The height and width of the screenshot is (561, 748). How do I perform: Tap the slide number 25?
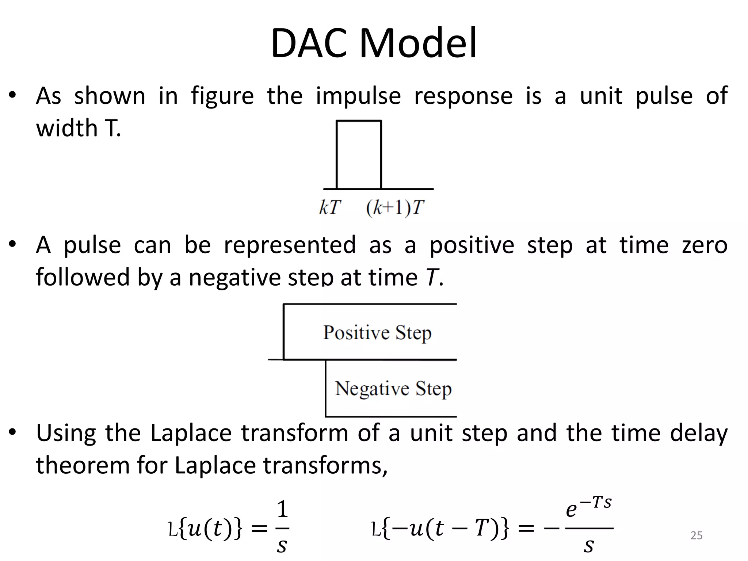tap(697, 535)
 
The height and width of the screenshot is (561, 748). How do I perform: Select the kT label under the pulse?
tap(330, 207)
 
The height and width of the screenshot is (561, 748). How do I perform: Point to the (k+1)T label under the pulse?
tap(395, 207)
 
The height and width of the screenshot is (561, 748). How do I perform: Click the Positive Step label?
tap(377, 332)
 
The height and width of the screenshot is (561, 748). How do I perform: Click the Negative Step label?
tap(393, 388)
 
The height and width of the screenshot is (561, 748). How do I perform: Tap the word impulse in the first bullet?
tap(358, 96)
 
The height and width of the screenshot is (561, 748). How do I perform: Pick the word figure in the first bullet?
tap(222, 96)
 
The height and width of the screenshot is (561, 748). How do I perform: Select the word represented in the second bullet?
tap(290, 245)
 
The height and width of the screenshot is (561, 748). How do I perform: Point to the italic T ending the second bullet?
tap(432, 277)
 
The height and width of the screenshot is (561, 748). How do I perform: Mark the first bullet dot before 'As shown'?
tap(13, 96)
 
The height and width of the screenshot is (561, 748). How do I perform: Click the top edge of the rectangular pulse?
tap(359, 121)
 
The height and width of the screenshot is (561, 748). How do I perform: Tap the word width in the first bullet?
tap(67, 129)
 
